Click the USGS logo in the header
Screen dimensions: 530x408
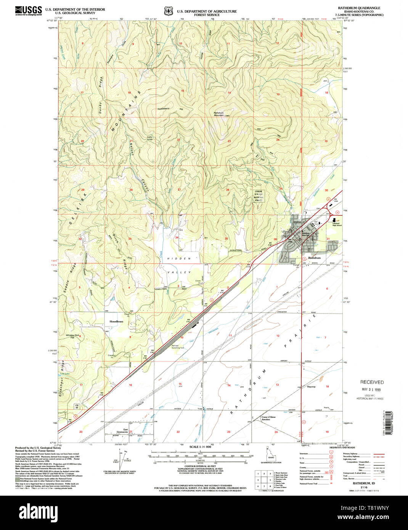(29, 11)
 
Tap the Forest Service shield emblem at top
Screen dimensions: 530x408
(168, 11)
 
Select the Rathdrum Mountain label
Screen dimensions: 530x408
(218, 114)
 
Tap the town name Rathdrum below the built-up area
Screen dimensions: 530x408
(315, 258)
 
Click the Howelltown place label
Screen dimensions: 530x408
(116, 321)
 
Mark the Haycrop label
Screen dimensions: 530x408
(311, 386)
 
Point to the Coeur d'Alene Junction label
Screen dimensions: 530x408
(268, 418)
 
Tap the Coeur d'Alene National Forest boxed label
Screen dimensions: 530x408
(259, 195)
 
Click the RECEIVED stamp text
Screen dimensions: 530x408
(372, 382)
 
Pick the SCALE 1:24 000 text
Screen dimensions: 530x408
(200, 446)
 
